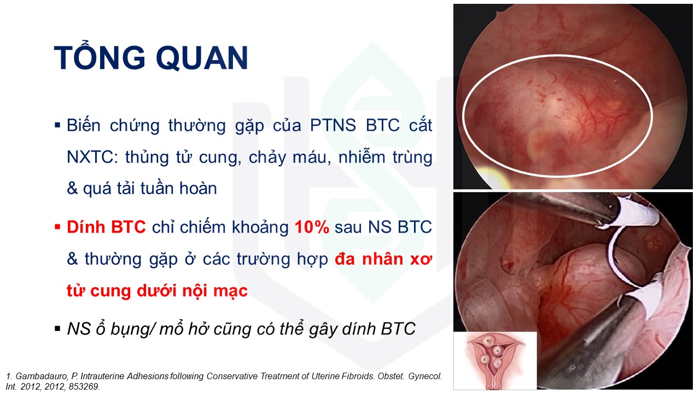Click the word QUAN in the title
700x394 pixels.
202,58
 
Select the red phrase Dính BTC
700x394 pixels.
106,227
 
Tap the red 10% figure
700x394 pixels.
312,227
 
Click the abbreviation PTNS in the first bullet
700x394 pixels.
333,126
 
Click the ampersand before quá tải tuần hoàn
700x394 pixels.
72,189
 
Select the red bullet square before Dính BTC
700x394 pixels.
57,227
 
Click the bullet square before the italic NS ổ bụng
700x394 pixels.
57,329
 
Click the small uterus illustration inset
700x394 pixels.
495,361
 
